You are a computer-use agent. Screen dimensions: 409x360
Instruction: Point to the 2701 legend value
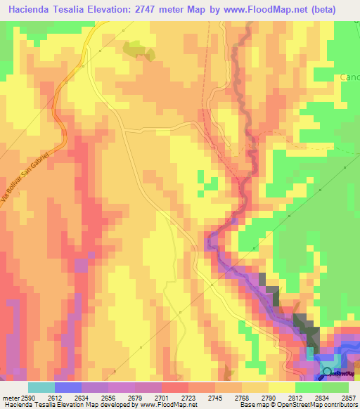coord(161,397)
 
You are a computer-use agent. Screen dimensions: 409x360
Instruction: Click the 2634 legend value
coord(81,397)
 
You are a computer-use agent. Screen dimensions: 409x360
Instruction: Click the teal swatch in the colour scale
coord(41,387)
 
